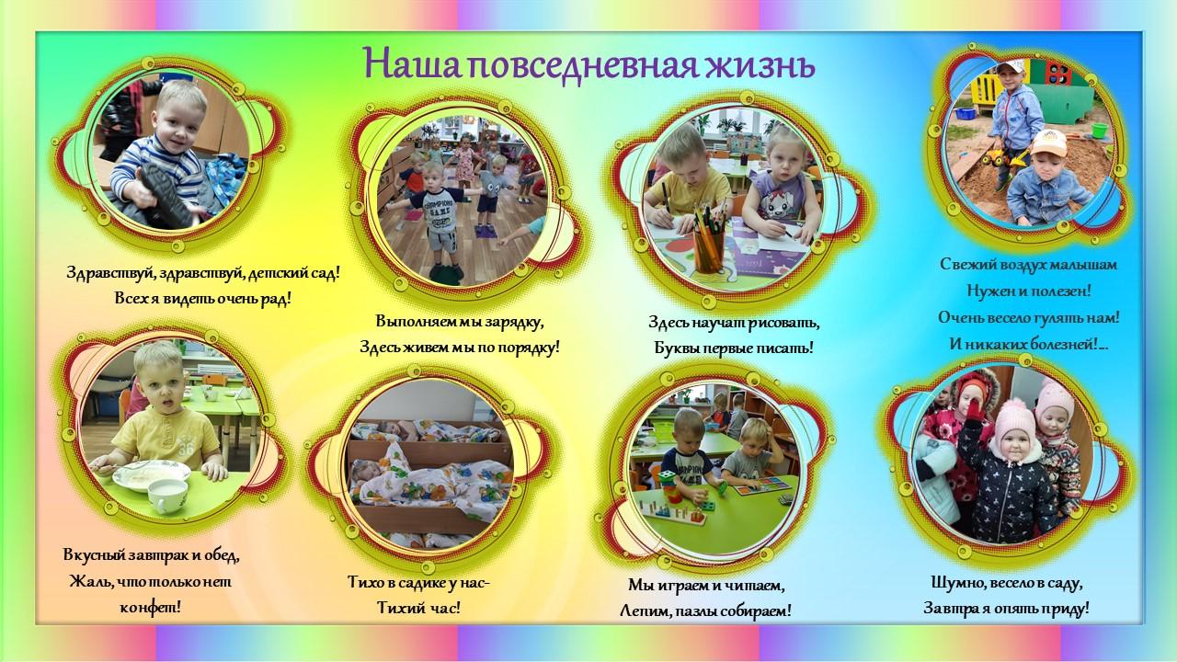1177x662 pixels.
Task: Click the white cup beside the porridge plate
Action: point(167,496)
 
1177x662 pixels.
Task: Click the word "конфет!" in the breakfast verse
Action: point(150,609)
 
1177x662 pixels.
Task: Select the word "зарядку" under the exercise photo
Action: point(513,323)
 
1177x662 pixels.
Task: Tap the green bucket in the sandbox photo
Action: point(1100,130)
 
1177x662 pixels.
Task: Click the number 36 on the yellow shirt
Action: point(185,450)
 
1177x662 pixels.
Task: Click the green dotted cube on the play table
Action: point(667,479)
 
